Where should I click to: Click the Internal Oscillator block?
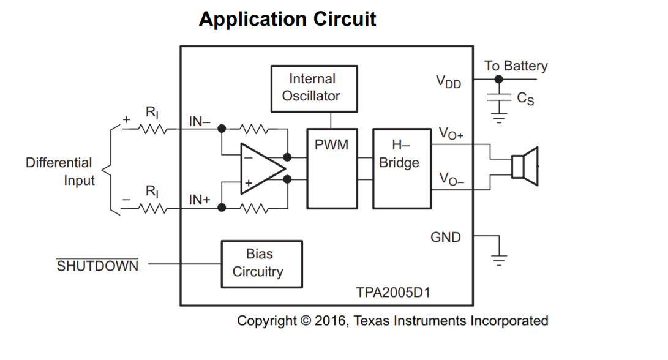[x=314, y=88]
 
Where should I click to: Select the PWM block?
[x=331, y=168]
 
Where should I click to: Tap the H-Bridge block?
[x=402, y=168]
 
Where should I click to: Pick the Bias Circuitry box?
[x=261, y=264]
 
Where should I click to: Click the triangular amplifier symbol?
[x=261, y=169]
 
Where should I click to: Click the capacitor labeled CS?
[x=500, y=98]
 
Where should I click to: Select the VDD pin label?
[x=448, y=81]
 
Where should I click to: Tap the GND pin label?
[x=446, y=237]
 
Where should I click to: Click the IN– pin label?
[x=200, y=122]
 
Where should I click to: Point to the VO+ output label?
[x=451, y=134]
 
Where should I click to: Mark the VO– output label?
[x=451, y=179]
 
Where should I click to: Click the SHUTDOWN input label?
[x=97, y=266]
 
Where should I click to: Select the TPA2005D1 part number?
[x=393, y=293]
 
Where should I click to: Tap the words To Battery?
[x=516, y=66]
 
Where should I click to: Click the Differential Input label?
[x=59, y=171]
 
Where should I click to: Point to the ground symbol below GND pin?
[x=500, y=259]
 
